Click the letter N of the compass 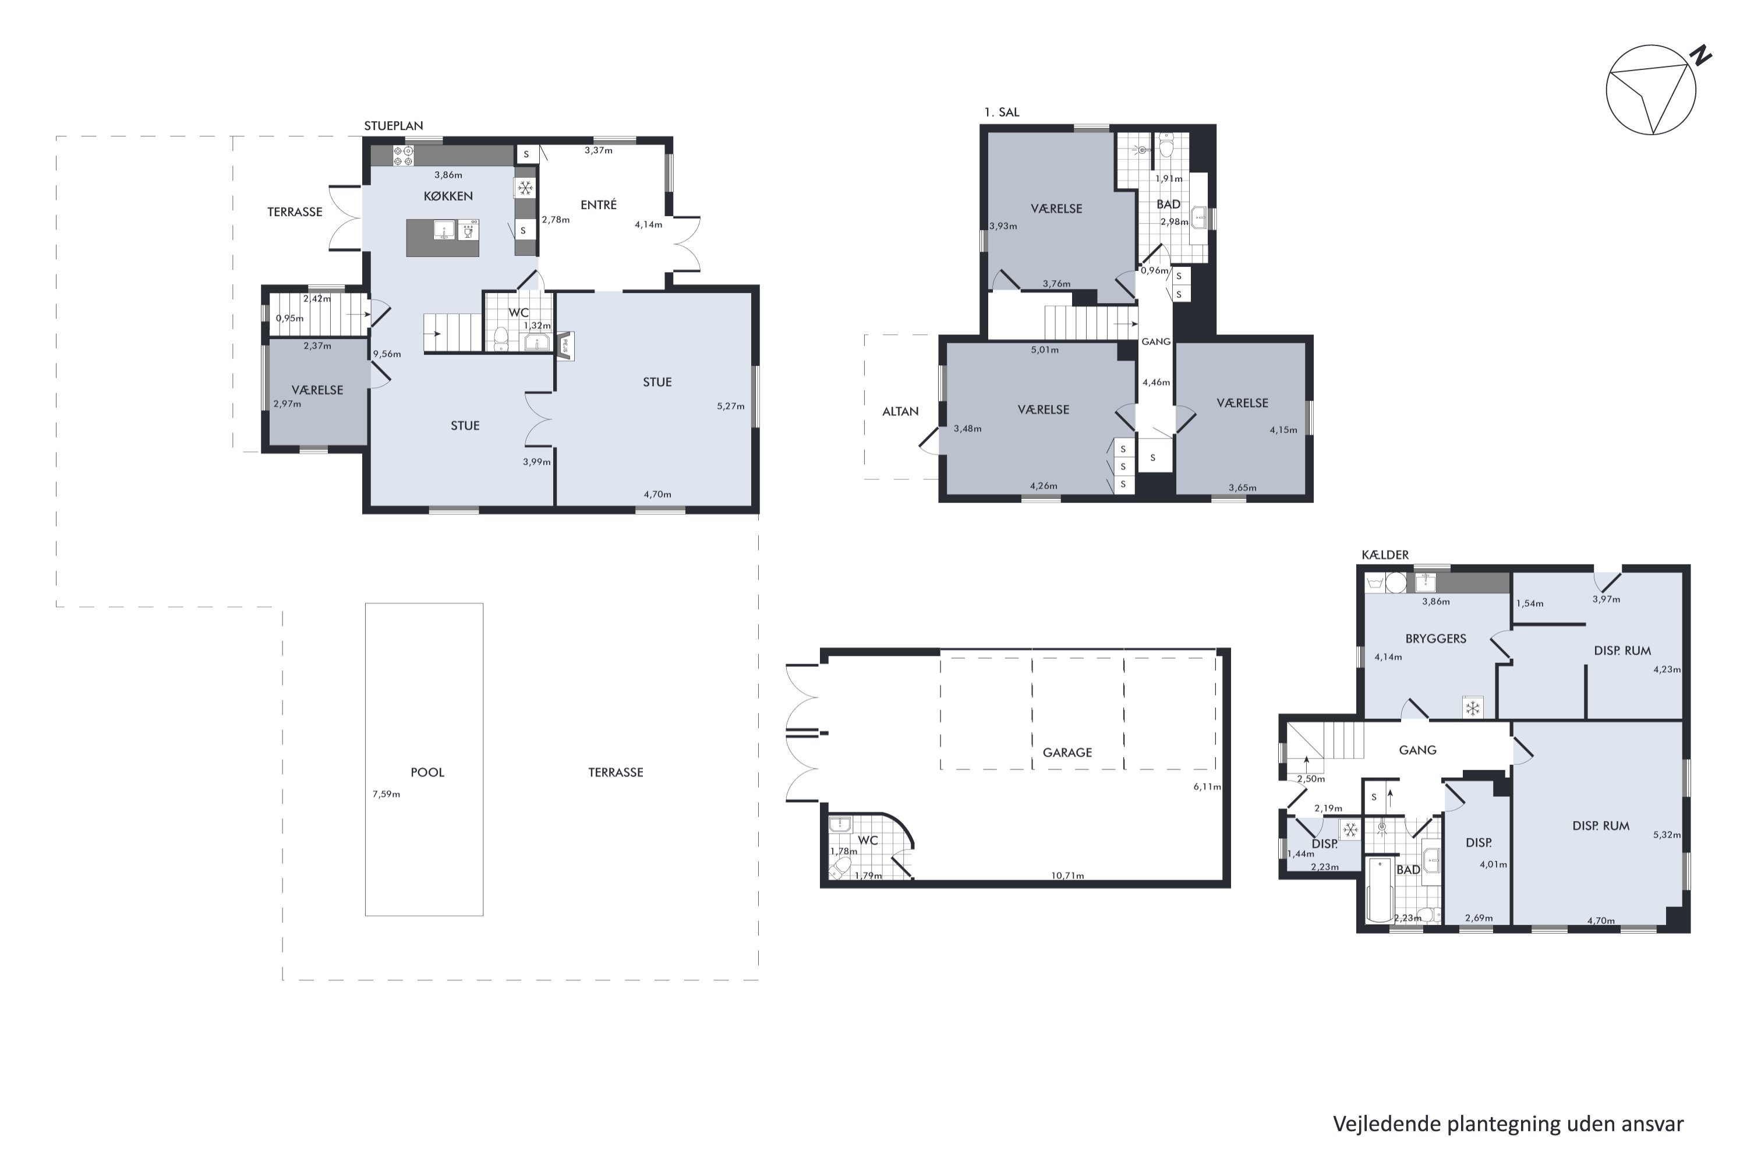(1701, 57)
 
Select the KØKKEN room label (448, 196)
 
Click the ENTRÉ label (599, 204)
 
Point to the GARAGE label (1067, 752)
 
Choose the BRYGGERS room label (1436, 638)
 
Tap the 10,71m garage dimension (1067, 875)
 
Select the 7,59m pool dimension (386, 795)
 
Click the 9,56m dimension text (387, 354)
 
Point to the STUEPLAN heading (394, 126)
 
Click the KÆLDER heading (1385, 555)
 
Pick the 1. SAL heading (1002, 112)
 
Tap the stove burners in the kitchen (404, 156)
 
